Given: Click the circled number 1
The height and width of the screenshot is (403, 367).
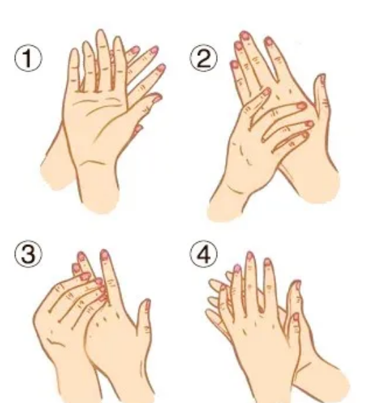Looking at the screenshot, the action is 28,58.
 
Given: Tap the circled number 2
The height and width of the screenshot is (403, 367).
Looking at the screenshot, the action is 204,58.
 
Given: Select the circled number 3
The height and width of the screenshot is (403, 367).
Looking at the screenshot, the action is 28,254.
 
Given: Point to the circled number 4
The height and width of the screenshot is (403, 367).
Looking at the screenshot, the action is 204,254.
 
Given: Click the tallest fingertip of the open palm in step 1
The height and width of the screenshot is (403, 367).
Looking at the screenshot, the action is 101,31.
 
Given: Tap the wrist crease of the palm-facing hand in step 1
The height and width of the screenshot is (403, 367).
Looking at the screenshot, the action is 93,163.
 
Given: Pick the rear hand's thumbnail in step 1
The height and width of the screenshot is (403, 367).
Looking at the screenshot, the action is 137,128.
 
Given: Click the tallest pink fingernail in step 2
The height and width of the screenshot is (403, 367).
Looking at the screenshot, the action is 244,36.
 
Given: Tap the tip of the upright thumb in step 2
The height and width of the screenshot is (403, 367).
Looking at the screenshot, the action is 321,76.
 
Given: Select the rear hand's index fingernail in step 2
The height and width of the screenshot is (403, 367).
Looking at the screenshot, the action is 268,41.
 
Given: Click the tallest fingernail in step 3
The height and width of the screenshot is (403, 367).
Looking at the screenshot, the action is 105,254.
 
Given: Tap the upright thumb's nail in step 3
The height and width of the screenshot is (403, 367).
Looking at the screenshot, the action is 148,304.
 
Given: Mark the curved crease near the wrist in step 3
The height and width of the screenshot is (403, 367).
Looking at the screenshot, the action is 55,342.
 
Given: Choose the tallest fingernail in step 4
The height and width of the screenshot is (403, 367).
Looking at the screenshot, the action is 250,256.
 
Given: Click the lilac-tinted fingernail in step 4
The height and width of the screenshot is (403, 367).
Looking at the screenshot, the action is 237,268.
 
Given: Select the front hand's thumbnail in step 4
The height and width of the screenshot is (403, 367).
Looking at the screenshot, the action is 296,317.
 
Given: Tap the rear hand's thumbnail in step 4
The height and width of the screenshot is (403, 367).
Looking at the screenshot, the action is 297,285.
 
